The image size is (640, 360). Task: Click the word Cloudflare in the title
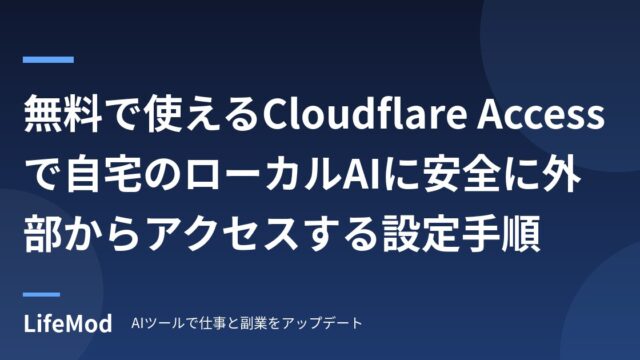[x=364, y=113]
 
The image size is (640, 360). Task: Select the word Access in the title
[x=541, y=115]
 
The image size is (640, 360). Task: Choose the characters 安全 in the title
[x=460, y=176]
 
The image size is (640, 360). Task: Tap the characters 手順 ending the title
[x=500, y=234]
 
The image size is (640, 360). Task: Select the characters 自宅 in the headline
[x=104, y=176]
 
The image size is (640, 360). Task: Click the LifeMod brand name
[x=68, y=323]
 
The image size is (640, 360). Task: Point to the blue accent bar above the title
[x=48, y=60]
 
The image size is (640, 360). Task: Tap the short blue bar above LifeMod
[x=41, y=294]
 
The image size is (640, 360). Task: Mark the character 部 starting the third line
[x=43, y=234]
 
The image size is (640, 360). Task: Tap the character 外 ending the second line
[x=560, y=176]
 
